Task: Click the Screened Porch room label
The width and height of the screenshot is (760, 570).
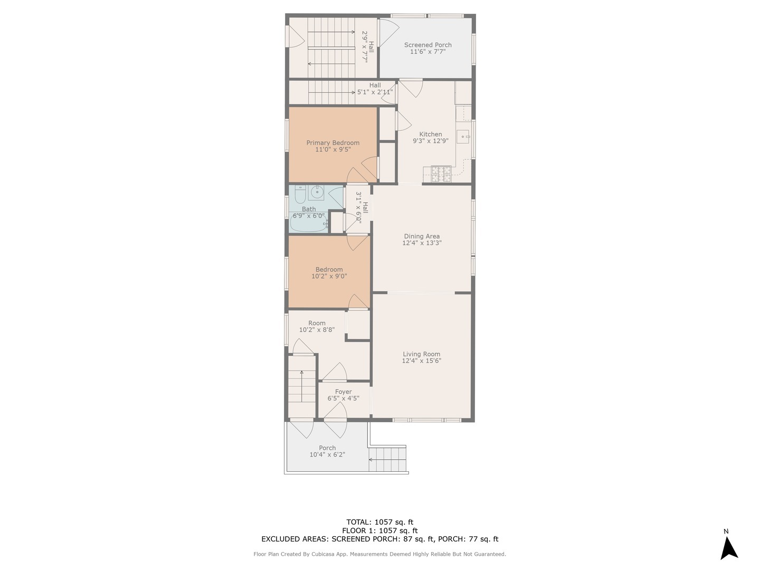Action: click(x=427, y=45)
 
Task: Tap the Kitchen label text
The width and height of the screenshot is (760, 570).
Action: click(x=431, y=134)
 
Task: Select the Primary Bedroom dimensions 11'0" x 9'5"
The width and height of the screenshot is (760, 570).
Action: click(x=332, y=150)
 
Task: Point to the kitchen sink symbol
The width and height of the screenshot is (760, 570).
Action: click(x=463, y=137)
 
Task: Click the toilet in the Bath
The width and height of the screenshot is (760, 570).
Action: click(x=300, y=196)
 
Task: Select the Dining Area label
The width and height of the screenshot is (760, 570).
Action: click(x=422, y=236)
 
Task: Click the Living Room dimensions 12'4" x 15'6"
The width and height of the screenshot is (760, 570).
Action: click(x=421, y=361)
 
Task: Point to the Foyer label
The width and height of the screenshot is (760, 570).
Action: click(x=343, y=392)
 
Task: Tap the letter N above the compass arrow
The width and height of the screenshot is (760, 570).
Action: click(x=726, y=531)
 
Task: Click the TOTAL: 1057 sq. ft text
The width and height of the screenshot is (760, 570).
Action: click(x=379, y=522)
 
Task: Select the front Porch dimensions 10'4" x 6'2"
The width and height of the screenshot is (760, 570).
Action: click(x=327, y=454)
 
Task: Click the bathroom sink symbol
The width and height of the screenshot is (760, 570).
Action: click(x=317, y=193)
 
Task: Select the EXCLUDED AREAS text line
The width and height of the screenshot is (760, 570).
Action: click(x=379, y=539)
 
